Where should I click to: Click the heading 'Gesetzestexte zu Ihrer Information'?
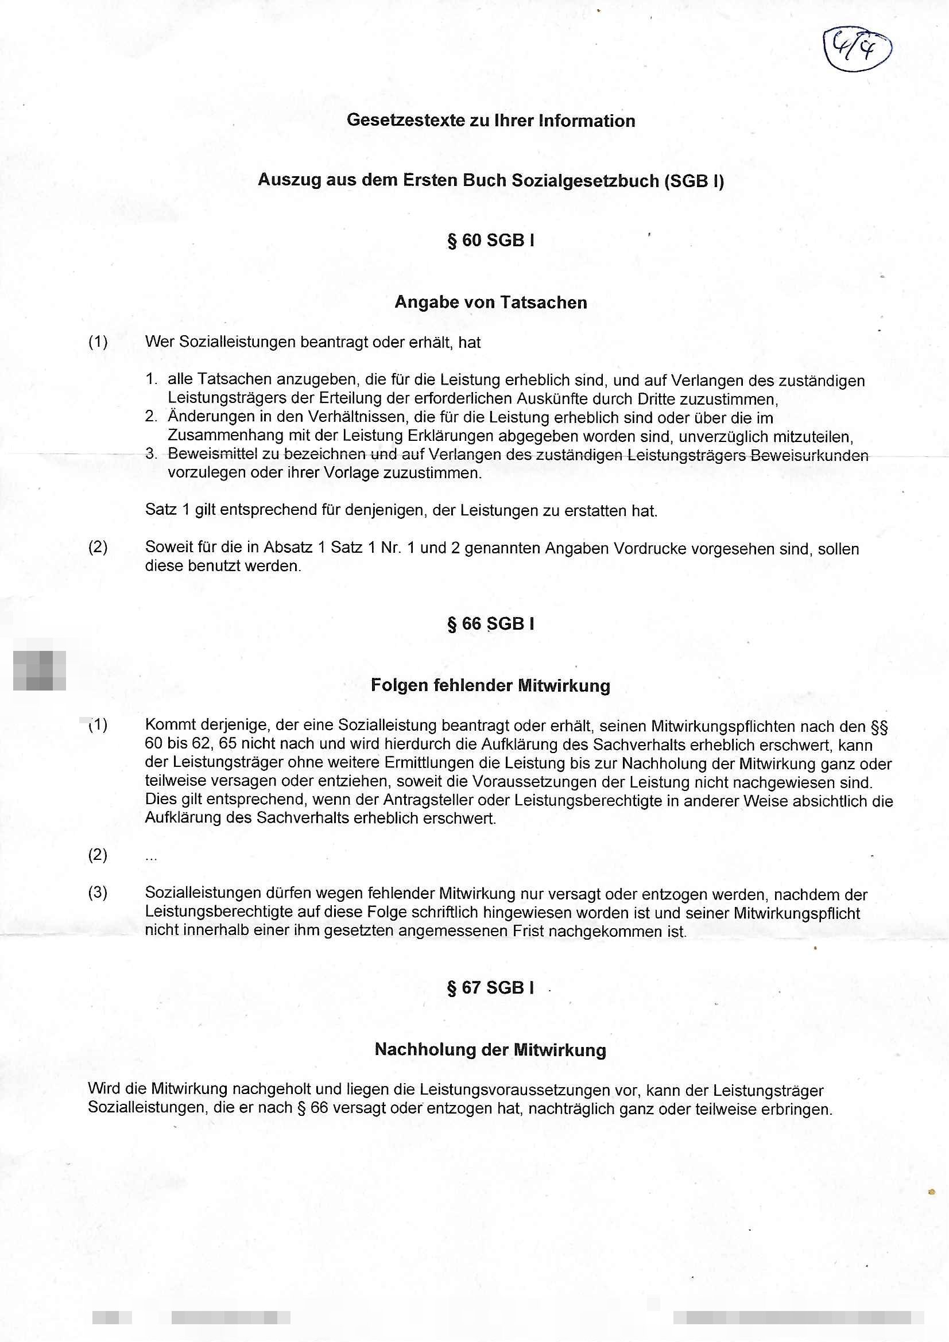[491, 121]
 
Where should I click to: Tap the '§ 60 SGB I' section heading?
[491, 241]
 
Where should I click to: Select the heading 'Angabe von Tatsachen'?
[491, 302]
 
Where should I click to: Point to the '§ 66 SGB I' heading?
[491, 624]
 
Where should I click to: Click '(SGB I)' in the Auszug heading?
[694, 181]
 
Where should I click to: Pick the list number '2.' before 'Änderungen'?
[152, 417]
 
